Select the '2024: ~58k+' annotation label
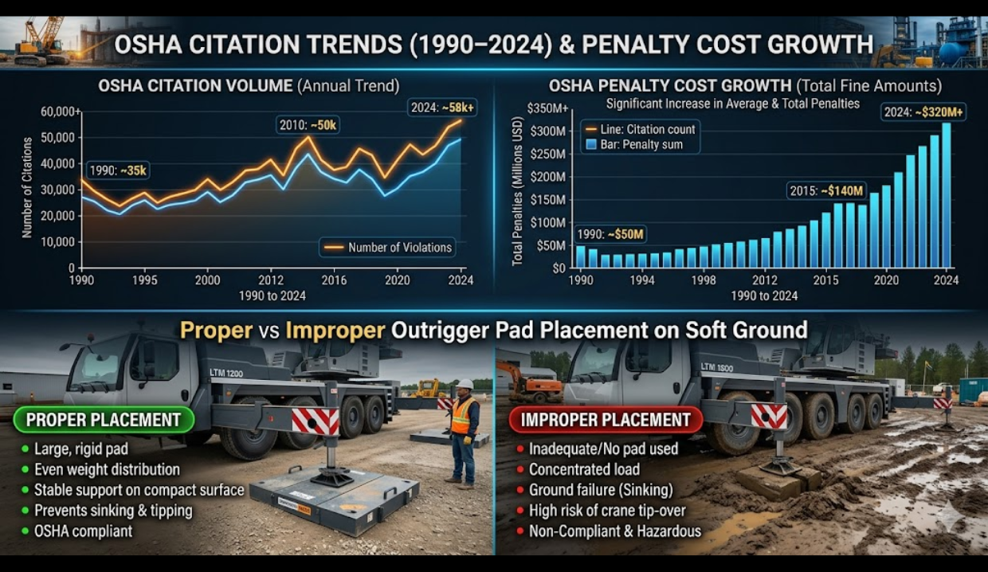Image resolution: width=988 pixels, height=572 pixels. [x=441, y=106]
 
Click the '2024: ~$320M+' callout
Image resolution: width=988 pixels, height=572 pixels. [x=923, y=112]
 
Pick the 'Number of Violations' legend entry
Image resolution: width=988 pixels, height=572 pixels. [x=388, y=247]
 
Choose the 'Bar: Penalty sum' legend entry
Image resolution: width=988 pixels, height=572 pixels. [x=633, y=145]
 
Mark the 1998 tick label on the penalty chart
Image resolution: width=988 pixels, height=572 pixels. [x=704, y=280]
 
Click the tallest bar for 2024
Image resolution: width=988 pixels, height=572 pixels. [x=947, y=195]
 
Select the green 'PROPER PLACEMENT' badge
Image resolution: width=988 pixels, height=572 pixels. [x=104, y=420]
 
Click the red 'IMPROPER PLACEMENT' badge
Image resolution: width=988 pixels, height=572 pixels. [x=606, y=420]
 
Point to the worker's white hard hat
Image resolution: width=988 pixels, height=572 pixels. [x=465, y=384]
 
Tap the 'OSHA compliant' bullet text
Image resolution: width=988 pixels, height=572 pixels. [x=83, y=531]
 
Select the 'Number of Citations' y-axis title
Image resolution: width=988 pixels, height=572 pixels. [x=28, y=188]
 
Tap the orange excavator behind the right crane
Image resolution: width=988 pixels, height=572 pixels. [x=529, y=382]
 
